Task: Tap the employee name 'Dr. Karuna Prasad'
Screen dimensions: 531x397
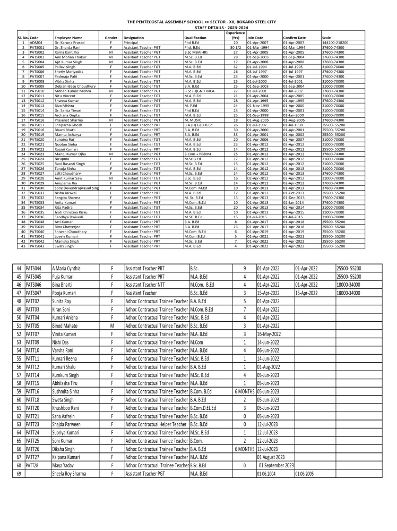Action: click(67, 42)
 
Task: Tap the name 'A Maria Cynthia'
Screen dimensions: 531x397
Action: click(66, 269)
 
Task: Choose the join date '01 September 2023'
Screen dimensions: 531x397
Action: click(275, 465)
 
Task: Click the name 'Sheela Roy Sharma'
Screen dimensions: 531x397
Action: click(69, 473)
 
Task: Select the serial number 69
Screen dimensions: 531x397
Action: click(19, 473)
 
